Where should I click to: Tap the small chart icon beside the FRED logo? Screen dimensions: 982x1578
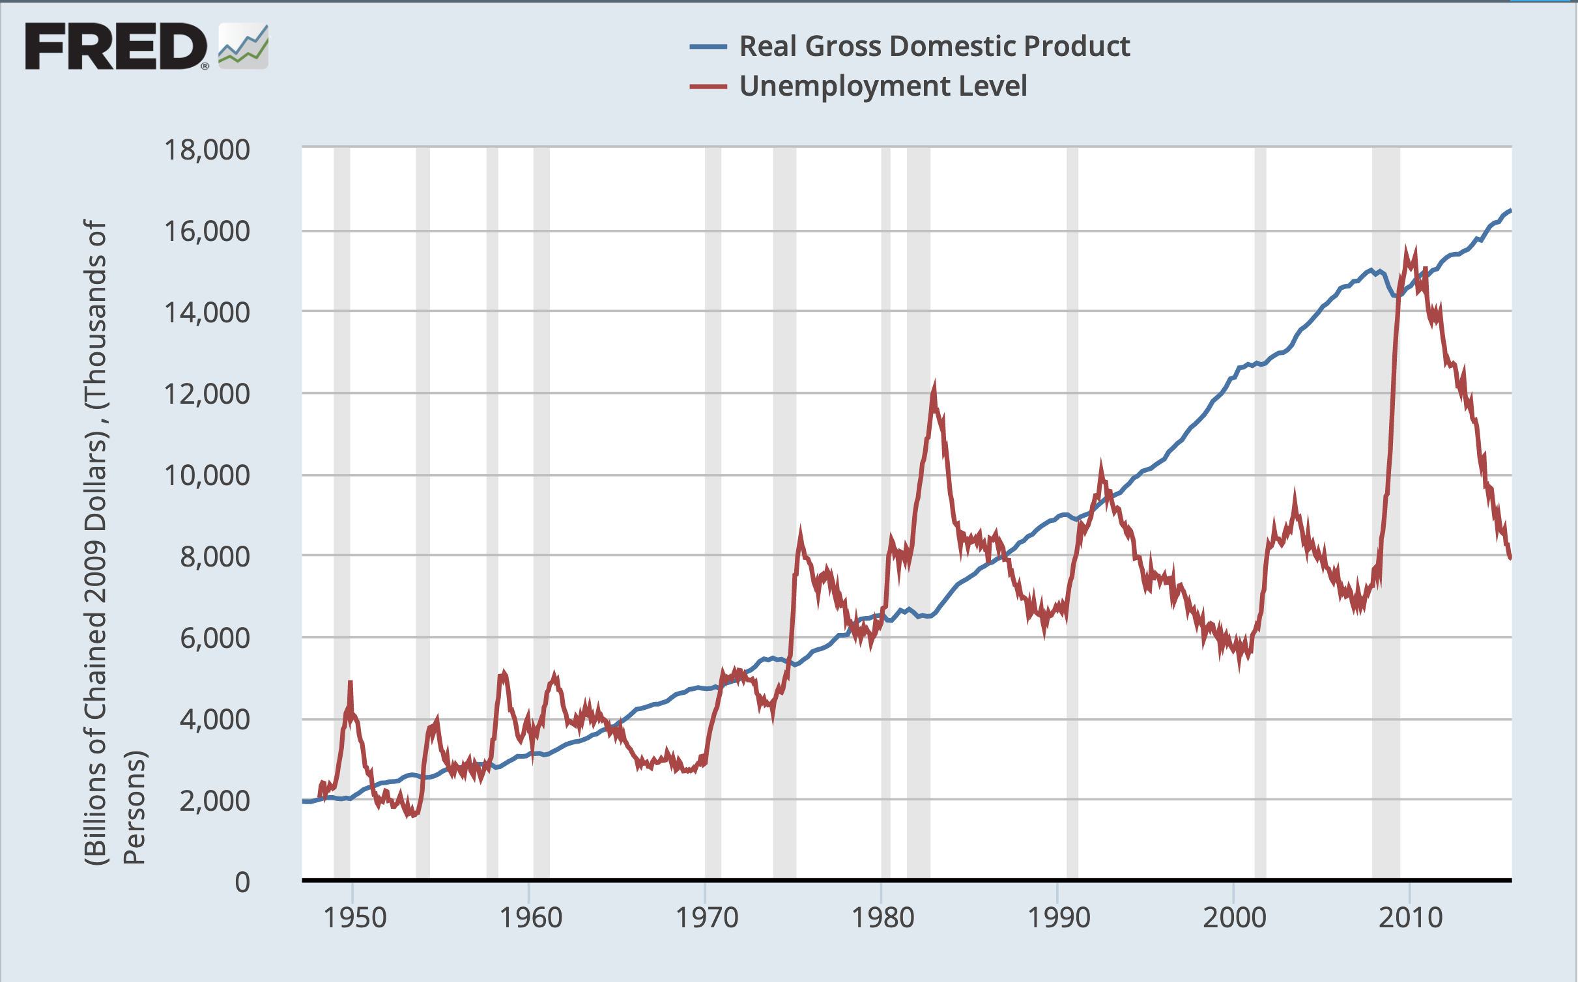243,46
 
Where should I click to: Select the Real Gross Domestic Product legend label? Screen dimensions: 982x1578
934,46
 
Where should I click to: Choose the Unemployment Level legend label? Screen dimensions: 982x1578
883,86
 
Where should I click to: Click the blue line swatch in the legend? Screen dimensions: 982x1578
708,46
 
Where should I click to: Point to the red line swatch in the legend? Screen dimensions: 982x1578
708,86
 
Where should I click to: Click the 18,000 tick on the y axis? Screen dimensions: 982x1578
207,150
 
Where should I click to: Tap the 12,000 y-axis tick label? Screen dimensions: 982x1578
207,394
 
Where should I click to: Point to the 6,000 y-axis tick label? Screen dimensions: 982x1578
214,638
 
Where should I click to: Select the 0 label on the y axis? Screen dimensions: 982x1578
242,882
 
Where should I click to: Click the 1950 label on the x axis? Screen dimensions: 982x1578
355,918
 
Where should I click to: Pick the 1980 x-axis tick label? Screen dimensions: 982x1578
883,918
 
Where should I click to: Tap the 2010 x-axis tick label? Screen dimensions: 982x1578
1411,918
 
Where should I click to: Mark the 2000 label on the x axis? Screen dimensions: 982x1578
1235,918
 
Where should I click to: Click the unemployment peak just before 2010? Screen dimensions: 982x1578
1405,249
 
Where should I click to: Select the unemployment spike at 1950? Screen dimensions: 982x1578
351,682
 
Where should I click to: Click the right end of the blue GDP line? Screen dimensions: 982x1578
1510,210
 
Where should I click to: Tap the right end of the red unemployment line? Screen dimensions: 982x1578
1510,557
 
